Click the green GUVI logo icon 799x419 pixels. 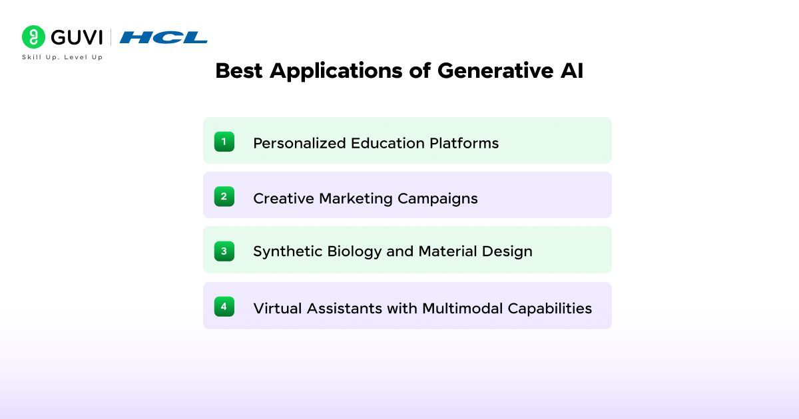(x=33, y=37)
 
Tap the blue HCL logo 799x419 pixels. (x=163, y=38)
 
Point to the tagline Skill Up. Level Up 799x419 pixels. (x=63, y=57)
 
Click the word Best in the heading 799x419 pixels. (x=239, y=72)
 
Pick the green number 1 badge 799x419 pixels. (x=224, y=141)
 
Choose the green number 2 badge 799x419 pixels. (x=224, y=196)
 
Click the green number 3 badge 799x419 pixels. (x=224, y=251)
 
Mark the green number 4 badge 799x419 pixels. (x=224, y=307)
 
